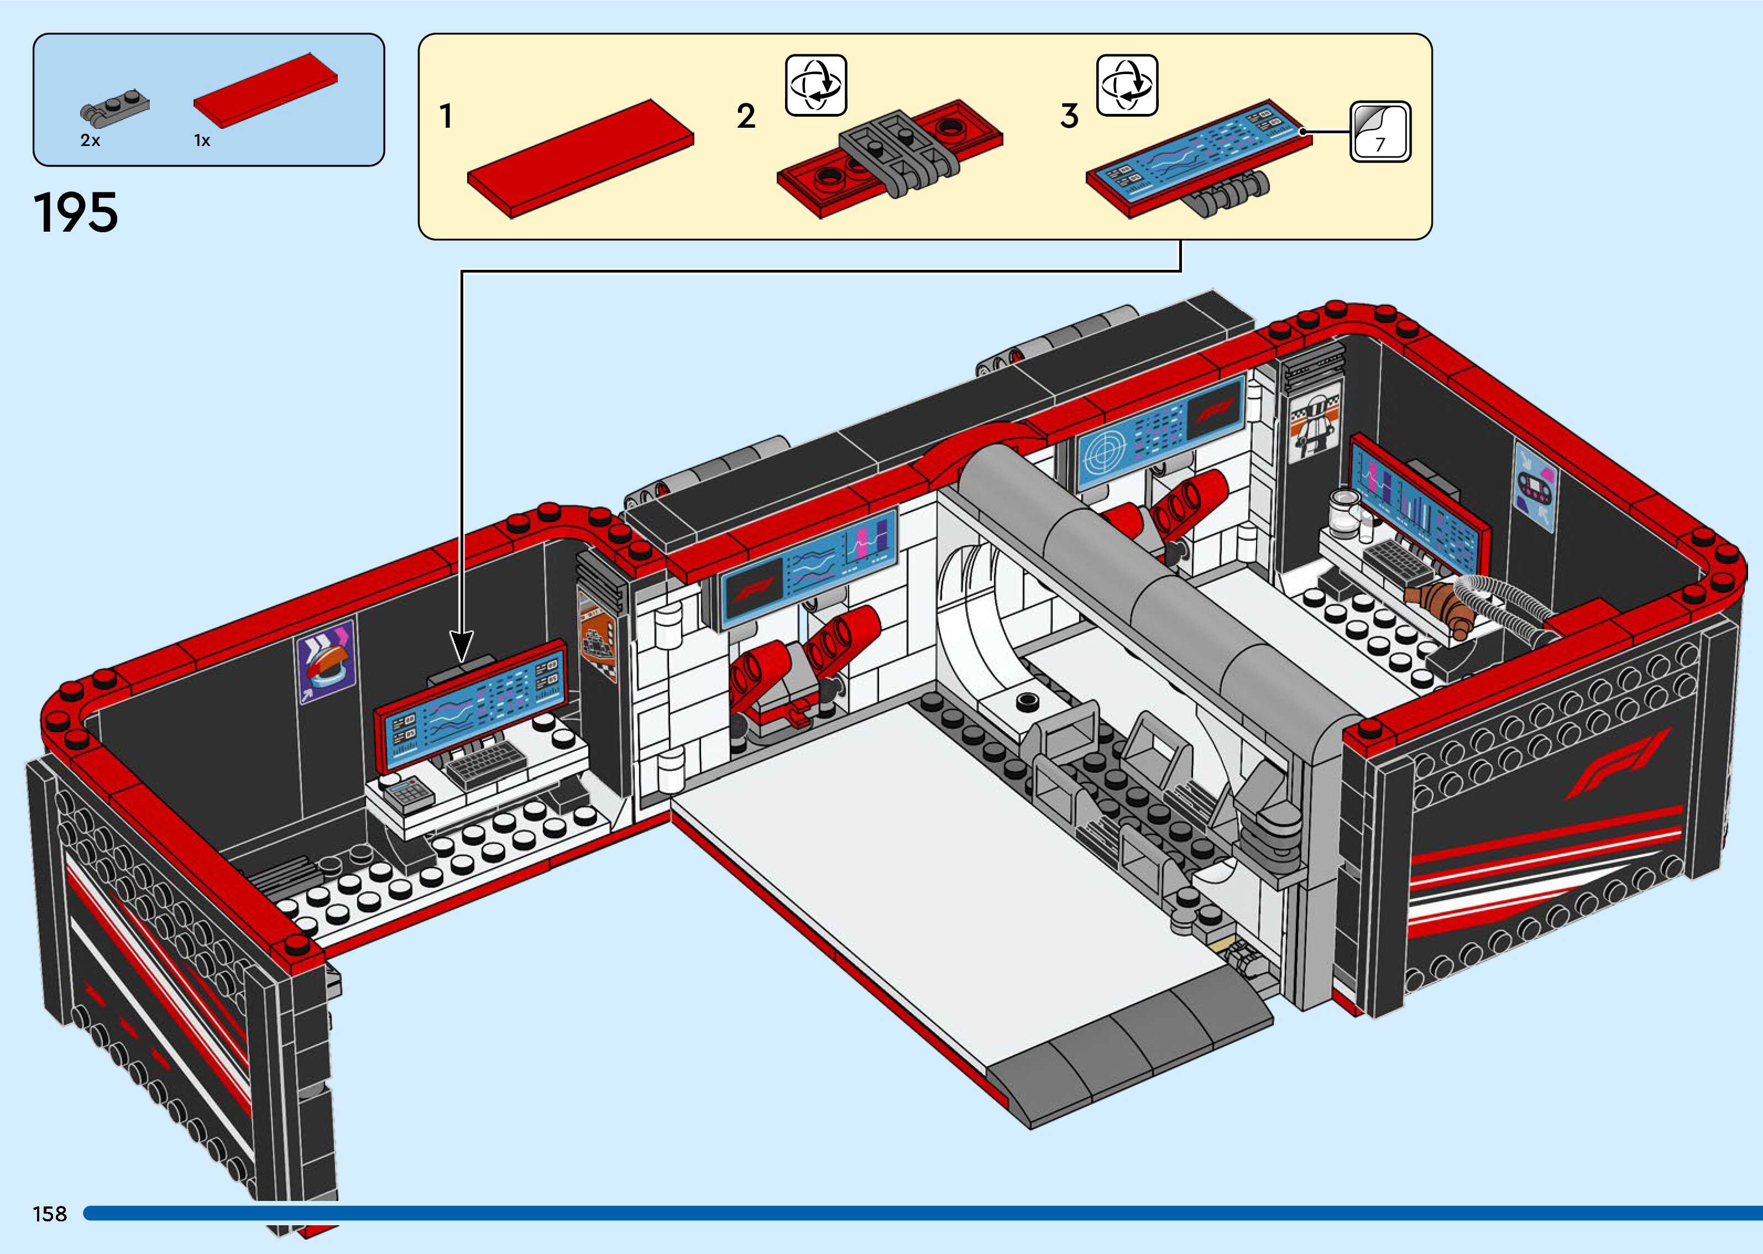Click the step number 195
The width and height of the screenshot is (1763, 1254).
pos(76,212)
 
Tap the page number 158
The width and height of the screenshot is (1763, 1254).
pos(49,1214)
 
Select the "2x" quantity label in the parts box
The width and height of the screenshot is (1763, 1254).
pos(90,140)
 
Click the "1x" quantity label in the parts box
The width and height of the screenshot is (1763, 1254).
pos(202,140)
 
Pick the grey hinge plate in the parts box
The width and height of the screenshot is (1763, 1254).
pos(114,109)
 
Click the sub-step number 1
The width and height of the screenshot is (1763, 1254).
pos(446,117)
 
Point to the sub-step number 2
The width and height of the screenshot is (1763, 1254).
pos(746,117)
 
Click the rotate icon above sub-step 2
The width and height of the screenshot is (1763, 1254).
pos(816,85)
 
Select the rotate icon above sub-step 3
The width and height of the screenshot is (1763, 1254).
pos(1127,85)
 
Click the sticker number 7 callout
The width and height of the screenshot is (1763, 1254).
pos(1380,132)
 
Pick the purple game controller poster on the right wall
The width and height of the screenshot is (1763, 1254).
pos(1535,487)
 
